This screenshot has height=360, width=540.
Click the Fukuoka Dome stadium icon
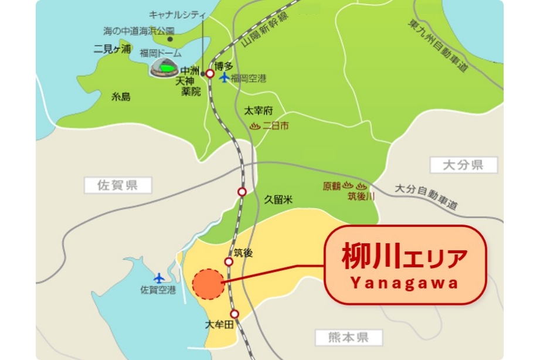(x=165, y=67)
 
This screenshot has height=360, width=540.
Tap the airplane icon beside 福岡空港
(x=223, y=77)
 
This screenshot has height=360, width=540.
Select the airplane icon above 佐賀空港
(x=159, y=277)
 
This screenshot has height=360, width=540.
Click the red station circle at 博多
(x=210, y=74)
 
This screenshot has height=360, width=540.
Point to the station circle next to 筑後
(x=229, y=261)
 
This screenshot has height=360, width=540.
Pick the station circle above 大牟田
(x=235, y=314)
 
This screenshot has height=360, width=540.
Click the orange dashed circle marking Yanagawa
(x=208, y=284)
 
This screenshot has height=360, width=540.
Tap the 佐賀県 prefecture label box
(x=117, y=186)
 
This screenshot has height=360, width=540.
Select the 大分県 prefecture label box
(x=463, y=165)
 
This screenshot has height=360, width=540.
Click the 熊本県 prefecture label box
(x=349, y=337)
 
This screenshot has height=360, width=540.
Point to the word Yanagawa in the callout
(x=405, y=283)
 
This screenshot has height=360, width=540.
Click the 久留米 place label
(x=278, y=199)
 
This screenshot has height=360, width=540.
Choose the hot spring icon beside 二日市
(x=254, y=125)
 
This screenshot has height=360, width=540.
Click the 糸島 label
(x=121, y=97)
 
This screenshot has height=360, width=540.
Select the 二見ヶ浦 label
(x=113, y=50)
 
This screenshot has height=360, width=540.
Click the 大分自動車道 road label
(x=425, y=197)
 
